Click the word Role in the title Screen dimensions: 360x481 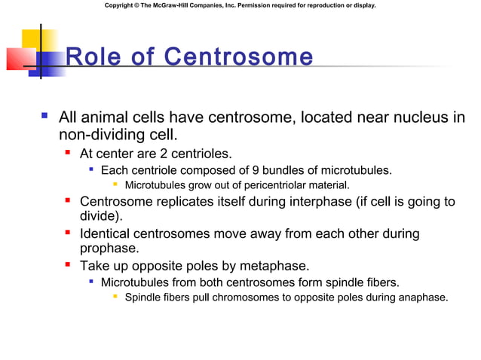[x=90, y=57]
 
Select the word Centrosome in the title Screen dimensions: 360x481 [x=238, y=57]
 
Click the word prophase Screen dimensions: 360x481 [x=111, y=248]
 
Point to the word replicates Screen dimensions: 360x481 [x=183, y=201]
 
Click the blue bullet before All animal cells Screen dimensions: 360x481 [x=45, y=117]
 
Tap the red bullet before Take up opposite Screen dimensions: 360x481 [x=68, y=266]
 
